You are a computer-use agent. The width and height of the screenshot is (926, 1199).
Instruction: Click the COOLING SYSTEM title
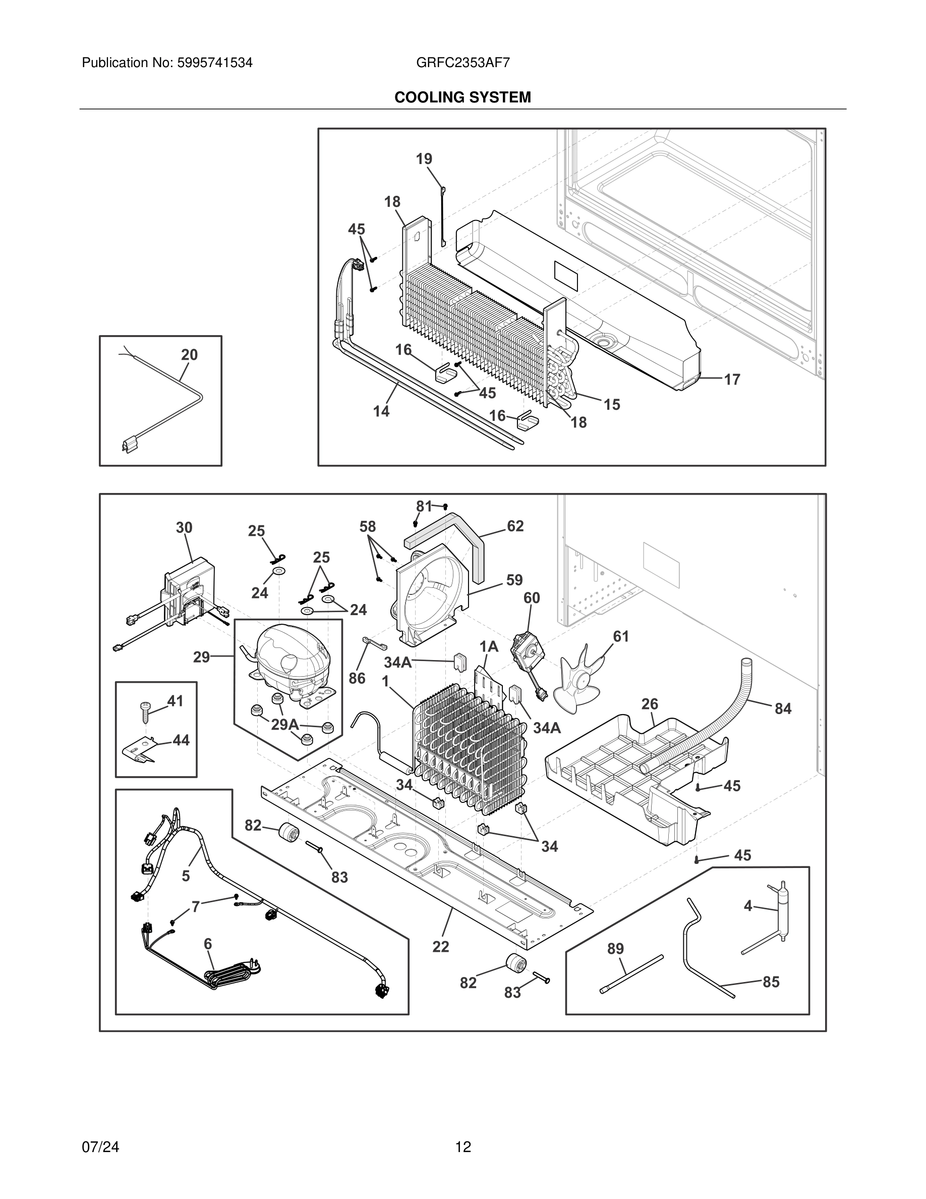click(462, 97)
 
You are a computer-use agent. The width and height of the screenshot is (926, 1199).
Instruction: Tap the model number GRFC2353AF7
click(462, 63)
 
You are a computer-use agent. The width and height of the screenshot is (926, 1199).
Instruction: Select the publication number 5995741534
click(214, 63)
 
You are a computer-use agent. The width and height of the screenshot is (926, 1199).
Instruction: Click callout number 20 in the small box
click(189, 355)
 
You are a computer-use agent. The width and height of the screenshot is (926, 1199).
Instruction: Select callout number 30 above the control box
click(184, 527)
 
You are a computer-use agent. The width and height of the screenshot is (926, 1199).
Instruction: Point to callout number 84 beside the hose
click(783, 708)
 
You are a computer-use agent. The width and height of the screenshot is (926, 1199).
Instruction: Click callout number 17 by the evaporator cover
click(732, 379)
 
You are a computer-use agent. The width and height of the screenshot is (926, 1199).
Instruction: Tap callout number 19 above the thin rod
click(424, 158)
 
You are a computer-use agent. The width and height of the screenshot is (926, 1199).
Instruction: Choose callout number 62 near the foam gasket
click(515, 526)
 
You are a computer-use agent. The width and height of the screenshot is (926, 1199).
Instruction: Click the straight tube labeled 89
click(632, 974)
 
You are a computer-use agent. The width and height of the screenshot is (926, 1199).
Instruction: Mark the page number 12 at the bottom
click(462, 1147)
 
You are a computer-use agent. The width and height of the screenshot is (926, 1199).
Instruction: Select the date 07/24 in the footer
click(100, 1147)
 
